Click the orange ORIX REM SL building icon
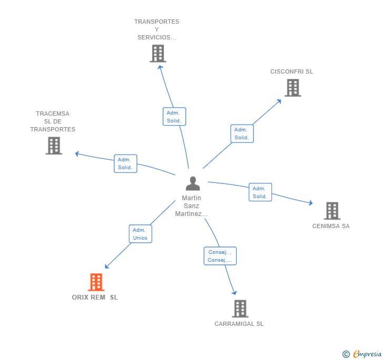[96, 282]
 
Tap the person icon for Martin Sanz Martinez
[193, 183]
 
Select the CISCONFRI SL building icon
[293, 88]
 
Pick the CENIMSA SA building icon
[332, 211]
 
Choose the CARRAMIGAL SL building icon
[240, 308]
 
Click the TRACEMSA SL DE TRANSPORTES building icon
[54, 146]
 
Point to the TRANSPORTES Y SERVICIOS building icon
[158, 54]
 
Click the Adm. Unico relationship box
[140, 234]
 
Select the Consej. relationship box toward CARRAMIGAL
[220, 256]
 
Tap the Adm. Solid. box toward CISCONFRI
[242, 133]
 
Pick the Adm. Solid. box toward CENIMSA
[260, 192]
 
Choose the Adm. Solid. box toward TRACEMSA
[125, 163]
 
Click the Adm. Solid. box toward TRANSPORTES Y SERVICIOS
[174, 117]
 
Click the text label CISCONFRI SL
[291, 71]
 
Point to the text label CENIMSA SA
[331, 227]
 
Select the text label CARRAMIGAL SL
[239, 324]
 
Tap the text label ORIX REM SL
[95, 297]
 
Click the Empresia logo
[362, 354]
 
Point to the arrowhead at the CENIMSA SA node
[311, 203]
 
